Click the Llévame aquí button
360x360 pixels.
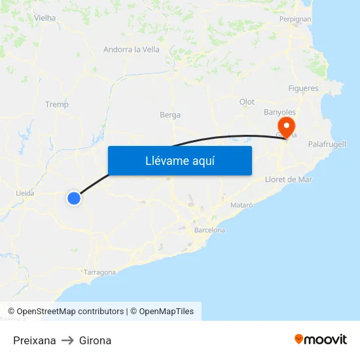tap(179, 160)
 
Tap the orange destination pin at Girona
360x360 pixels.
tap(286, 125)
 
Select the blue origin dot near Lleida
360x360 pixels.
tap(74, 198)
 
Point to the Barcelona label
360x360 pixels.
tap(209, 230)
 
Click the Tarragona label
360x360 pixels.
tap(100, 272)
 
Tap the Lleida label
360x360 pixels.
tap(25, 193)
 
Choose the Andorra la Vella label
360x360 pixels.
tap(132, 49)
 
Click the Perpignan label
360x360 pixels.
tap(295, 19)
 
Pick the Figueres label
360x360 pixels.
tap(304, 88)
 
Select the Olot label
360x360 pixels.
tap(247, 101)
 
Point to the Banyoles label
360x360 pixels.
tap(279, 112)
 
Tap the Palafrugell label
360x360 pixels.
tap(327, 144)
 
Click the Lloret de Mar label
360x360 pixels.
tap(289, 179)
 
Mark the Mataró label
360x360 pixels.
tap(242, 205)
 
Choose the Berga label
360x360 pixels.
tap(170, 115)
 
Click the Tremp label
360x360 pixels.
tap(57, 104)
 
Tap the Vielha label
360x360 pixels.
tap(45, 18)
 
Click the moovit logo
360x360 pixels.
tap(320, 339)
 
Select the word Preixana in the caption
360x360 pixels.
tap(35, 340)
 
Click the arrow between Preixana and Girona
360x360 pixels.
tap(67, 340)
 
